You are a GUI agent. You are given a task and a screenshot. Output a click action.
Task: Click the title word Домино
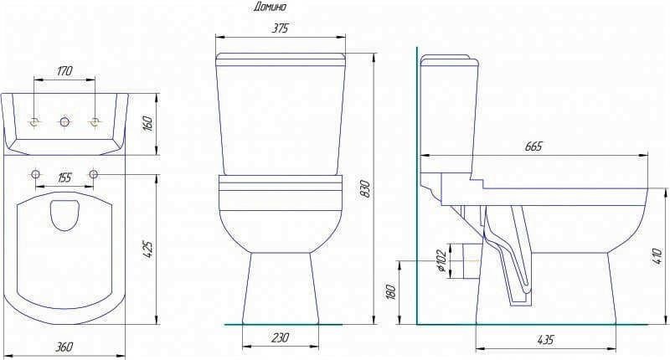[x=269, y=7]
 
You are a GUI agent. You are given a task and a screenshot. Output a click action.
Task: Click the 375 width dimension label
[x=280, y=28]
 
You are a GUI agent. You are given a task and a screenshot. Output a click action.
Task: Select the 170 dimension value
[x=64, y=70]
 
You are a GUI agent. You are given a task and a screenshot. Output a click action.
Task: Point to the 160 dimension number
[x=150, y=123]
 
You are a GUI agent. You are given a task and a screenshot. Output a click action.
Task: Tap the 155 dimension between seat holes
[x=64, y=177]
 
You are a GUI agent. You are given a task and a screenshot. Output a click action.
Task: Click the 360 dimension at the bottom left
[x=64, y=347]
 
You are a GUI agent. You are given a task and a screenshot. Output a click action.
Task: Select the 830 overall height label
[x=366, y=188]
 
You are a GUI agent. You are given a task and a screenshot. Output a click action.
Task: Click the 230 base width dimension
[x=280, y=337]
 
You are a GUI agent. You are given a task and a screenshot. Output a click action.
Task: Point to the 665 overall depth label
[x=533, y=147]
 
